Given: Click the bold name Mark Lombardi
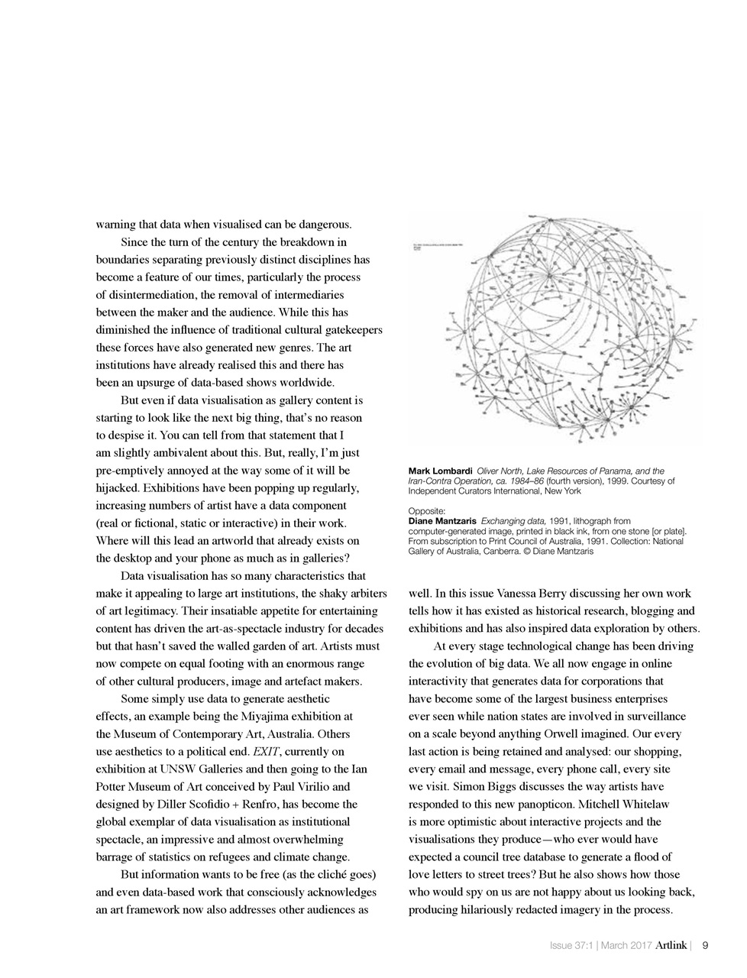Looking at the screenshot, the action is click(440, 471).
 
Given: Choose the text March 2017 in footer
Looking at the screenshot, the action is click(626, 946).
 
